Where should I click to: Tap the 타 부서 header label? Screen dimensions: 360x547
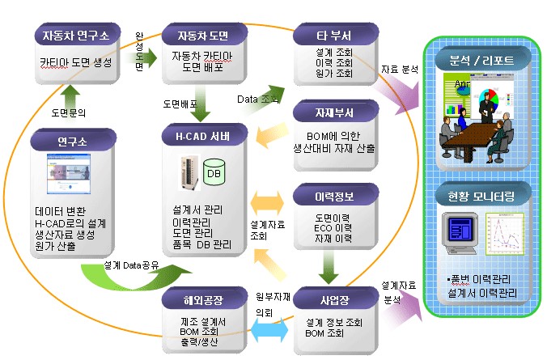(334, 35)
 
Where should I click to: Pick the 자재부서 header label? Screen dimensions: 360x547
(334, 112)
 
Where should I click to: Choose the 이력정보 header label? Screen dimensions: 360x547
(334, 196)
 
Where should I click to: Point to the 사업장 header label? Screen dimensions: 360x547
(334, 301)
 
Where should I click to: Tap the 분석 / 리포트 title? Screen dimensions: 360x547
(482, 60)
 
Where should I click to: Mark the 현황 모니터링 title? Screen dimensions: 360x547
(482, 197)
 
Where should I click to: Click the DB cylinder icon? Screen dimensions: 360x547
(214, 173)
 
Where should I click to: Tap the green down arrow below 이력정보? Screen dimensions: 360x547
(329, 263)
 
